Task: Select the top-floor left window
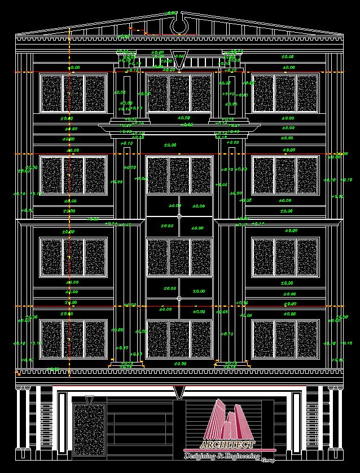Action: click(73, 93)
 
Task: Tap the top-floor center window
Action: click(179, 93)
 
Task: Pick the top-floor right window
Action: click(286, 93)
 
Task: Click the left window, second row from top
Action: click(73, 175)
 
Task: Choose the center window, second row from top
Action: click(179, 175)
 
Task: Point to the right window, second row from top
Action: click(286, 175)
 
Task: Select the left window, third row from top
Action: click(73, 257)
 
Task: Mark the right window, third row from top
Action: click(286, 257)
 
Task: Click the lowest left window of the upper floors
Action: click(73, 339)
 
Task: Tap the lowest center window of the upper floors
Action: click(179, 339)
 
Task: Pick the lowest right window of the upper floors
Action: click(286, 339)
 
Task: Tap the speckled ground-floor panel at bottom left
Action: click(89, 428)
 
